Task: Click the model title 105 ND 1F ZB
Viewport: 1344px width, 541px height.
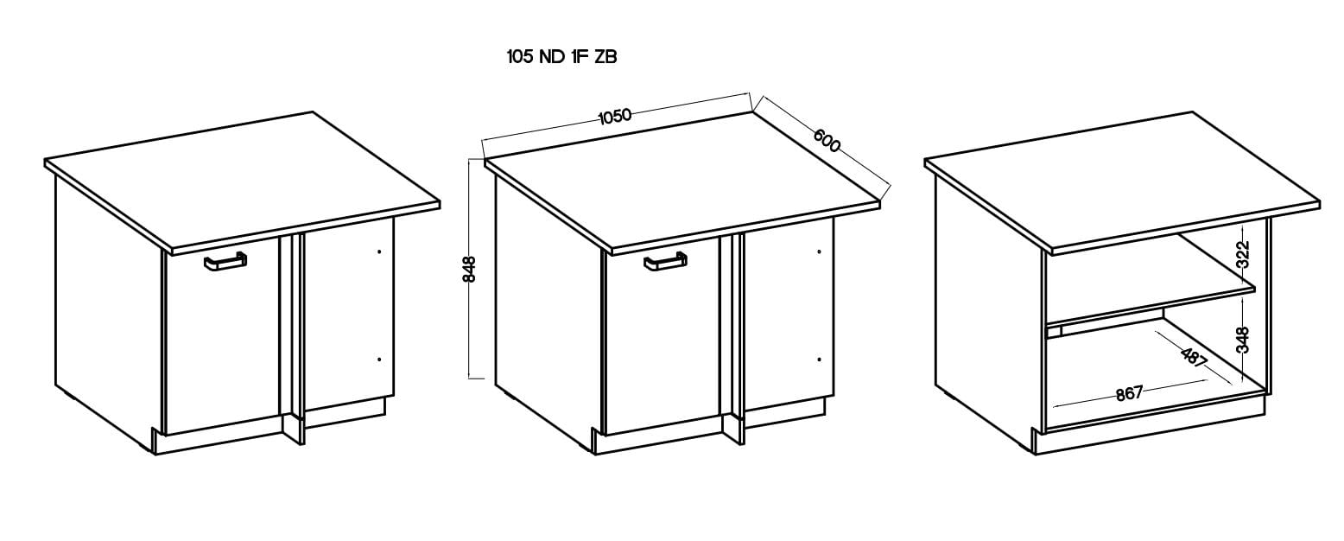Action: click(x=561, y=57)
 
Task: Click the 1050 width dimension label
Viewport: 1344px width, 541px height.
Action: click(x=615, y=115)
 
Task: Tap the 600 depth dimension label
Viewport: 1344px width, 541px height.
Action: click(x=827, y=141)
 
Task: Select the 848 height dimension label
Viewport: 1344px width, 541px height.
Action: click(x=470, y=269)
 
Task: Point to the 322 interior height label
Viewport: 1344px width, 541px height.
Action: click(x=1243, y=254)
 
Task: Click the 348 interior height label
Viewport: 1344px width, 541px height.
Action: click(x=1243, y=340)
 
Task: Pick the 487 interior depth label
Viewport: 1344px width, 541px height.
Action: click(x=1194, y=357)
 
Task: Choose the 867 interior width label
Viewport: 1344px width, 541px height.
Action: click(x=1129, y=393)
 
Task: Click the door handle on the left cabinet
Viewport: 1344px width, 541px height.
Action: click(x=225, y=263)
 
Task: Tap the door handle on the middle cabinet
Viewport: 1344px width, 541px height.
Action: click(x=665, y=262)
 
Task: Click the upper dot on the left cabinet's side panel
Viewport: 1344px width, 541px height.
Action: click(x=379, y=252)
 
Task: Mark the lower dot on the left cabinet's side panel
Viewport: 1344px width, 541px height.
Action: click(x=379, y=360)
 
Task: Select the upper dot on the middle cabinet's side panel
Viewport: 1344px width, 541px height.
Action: click(x=820, y=251)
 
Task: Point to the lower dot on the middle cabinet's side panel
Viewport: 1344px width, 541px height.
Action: click(x=820, y=360)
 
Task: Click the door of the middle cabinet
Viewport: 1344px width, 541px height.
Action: click(x=662, y=335)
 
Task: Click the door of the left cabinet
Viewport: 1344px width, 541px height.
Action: click(x=221, y=335)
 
